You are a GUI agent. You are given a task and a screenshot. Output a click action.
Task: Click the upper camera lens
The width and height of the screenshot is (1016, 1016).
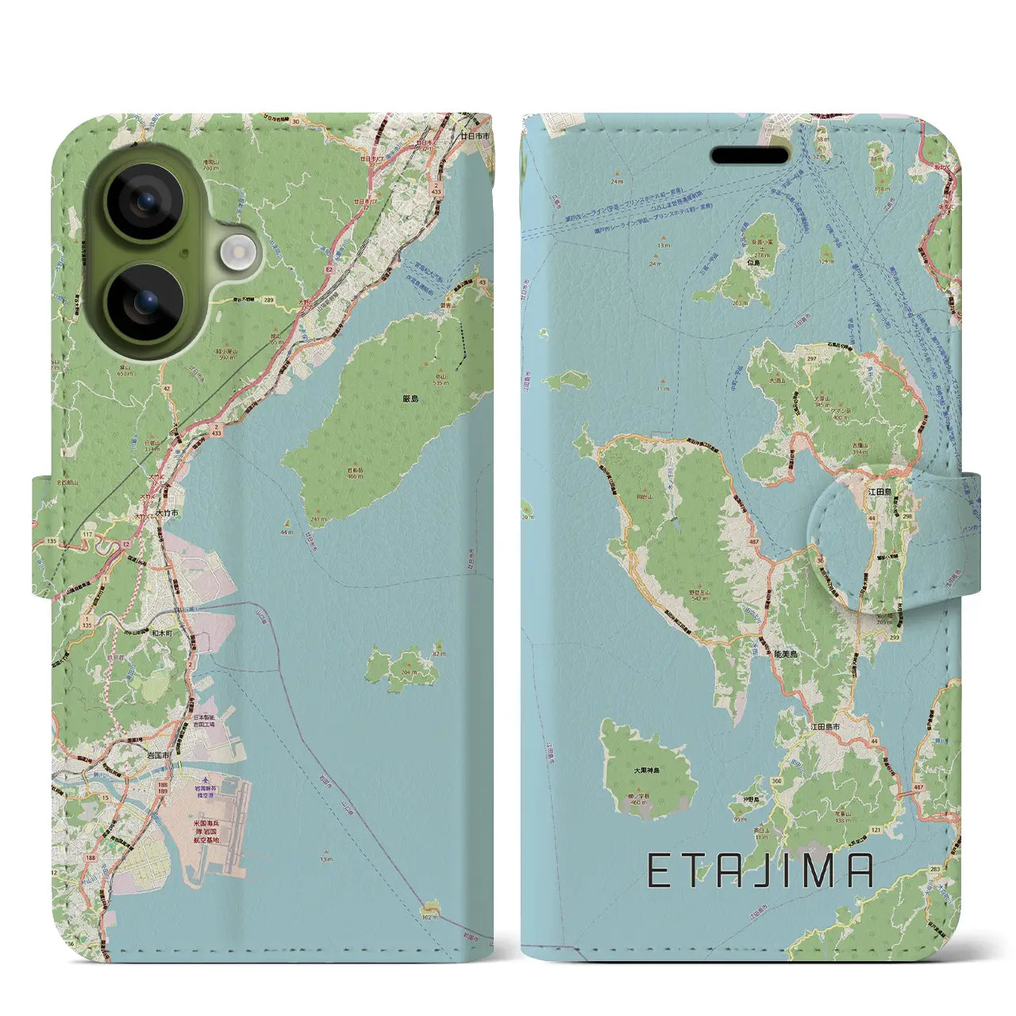pos(146,202)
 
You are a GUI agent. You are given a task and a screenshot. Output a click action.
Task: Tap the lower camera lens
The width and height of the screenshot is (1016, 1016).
pos(146,303)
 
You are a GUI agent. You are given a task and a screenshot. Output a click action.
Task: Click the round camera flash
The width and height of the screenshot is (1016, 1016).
pos(235,253)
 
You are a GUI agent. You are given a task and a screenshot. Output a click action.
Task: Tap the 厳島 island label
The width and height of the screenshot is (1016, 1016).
pos(410,398)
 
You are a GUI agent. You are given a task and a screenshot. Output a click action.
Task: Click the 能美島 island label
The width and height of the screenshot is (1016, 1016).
pos(785,654)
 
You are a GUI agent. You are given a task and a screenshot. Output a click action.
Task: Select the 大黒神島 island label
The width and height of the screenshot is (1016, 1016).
pos(646,769)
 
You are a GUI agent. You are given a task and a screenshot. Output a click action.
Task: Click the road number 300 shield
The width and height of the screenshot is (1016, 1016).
pos(776,781)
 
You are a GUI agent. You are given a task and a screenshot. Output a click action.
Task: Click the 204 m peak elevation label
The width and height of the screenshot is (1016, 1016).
pos(409,672)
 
